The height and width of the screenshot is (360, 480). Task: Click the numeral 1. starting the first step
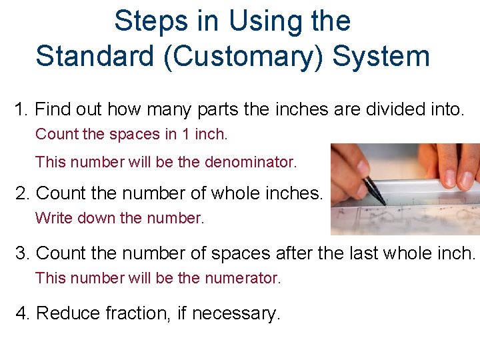pos(22,109)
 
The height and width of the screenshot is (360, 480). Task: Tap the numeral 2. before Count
pos(24,193)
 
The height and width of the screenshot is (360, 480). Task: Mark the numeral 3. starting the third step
pos(24,253)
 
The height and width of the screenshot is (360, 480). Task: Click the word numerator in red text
pos(244,278)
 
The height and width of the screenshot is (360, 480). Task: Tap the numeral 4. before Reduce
pos(24,313)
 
